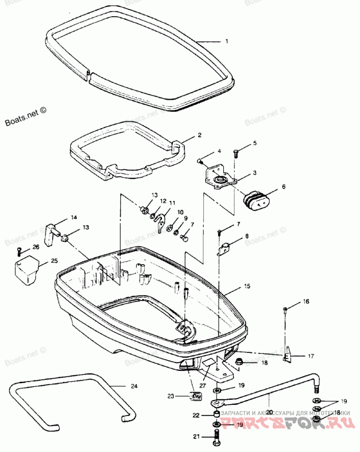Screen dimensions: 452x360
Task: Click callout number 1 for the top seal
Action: pos(227,41)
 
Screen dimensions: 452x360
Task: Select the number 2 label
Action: pos(199,135)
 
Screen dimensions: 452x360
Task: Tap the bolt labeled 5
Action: pos(237,153)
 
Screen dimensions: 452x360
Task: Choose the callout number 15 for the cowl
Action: pos(246,286)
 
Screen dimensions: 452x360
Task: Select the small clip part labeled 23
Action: pos(195,396)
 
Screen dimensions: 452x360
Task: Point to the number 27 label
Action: pos(203,385)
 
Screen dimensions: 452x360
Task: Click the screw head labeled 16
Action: pos(285,308)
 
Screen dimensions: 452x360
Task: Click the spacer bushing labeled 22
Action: pos(217,414)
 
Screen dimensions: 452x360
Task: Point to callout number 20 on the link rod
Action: pos(270,411)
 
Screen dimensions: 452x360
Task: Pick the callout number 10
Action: pos(180,212)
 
